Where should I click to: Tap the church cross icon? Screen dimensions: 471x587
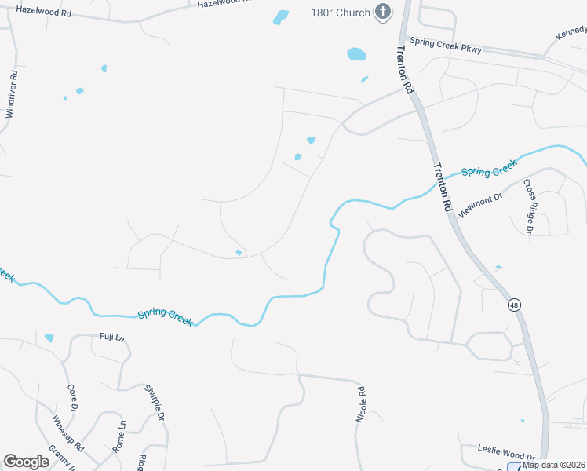tap(382, 12)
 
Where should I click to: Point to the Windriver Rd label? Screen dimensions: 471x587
tap(11, 94)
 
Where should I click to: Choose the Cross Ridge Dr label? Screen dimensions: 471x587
tap(528, 206)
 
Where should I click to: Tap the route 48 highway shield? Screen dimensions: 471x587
tap(513, 305)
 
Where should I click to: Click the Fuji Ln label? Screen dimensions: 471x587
tap(111, 337)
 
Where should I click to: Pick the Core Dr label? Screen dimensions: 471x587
tap(72, 398)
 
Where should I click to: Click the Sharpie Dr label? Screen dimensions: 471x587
tap(155, 403)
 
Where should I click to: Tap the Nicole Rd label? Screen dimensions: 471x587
tap(361, 405)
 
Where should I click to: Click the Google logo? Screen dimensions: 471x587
tap(26, 462)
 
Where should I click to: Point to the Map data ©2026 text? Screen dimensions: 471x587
tap(554, 465)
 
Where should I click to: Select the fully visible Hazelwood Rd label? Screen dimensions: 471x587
tap(43, 13)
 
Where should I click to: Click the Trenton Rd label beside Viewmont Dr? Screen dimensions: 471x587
tap(442, 186)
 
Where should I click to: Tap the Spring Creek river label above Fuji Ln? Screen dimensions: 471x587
tap(165, 316)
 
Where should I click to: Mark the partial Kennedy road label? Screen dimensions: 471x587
tap(571, 34)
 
